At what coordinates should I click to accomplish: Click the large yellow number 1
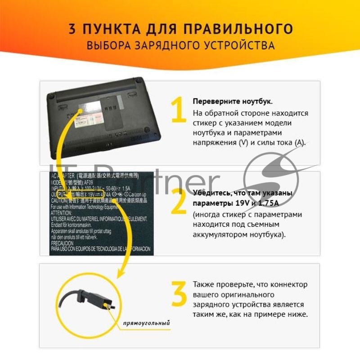tap(179, 110)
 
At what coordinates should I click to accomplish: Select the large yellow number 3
tap(179, 294)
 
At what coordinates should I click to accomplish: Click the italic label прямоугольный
tap(146, 323)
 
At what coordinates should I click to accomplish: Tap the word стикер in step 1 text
tap(204, 123)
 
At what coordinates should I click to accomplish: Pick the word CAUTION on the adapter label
tap(59, 199)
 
